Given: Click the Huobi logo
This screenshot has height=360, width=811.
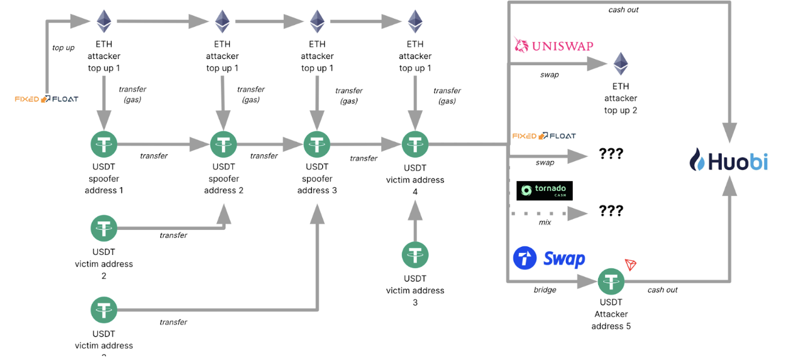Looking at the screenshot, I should point(728,161).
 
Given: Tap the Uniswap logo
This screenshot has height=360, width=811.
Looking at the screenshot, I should point(553,46).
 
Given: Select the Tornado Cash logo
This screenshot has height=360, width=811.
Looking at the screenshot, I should point(544,190).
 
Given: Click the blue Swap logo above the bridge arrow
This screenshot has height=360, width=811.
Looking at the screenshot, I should point(549,258).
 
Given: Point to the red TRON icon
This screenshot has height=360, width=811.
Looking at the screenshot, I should point(630,265).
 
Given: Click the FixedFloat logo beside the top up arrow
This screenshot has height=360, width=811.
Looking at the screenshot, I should point(47,99).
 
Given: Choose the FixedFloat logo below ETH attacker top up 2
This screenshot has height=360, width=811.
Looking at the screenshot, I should point(544,136).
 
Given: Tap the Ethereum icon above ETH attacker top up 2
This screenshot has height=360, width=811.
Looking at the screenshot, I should point(620,64).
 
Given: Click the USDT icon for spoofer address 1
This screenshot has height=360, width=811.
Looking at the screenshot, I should point(104,145).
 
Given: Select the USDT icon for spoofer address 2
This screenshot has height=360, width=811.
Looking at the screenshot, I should point(223,145).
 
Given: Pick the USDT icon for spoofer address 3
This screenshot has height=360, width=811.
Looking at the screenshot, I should point(317,145).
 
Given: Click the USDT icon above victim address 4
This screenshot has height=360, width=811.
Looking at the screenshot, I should point(415,145).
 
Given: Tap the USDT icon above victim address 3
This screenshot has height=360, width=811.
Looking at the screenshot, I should point(415,255).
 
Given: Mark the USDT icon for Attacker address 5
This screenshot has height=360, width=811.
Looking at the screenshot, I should point(611,281).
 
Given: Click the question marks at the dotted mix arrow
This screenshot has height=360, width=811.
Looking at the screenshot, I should point(611,211).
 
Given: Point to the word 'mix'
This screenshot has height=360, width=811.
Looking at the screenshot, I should point(545,223).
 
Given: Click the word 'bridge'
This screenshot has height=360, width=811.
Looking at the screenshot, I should point(545,290).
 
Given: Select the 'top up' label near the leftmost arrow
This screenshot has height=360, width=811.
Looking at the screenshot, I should point(63,47).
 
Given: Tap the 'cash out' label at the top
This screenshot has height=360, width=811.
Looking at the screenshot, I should point(623,10).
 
